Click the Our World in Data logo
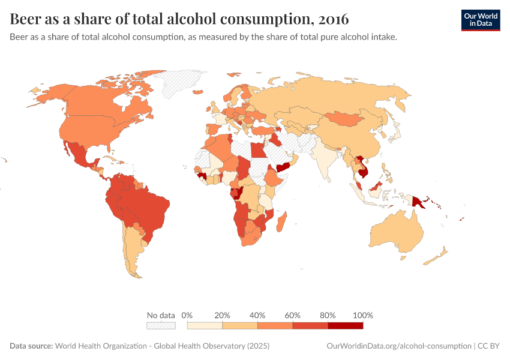pos(480,20)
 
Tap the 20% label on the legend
pos(222,315)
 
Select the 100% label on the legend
pos(363,315)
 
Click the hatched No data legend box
pos(161,325)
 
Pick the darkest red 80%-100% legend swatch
pos(346,325)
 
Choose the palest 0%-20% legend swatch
pos(205,325)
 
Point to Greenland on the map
pos(183,84)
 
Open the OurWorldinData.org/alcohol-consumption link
pos(399,346)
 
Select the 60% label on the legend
pos(293,315)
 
